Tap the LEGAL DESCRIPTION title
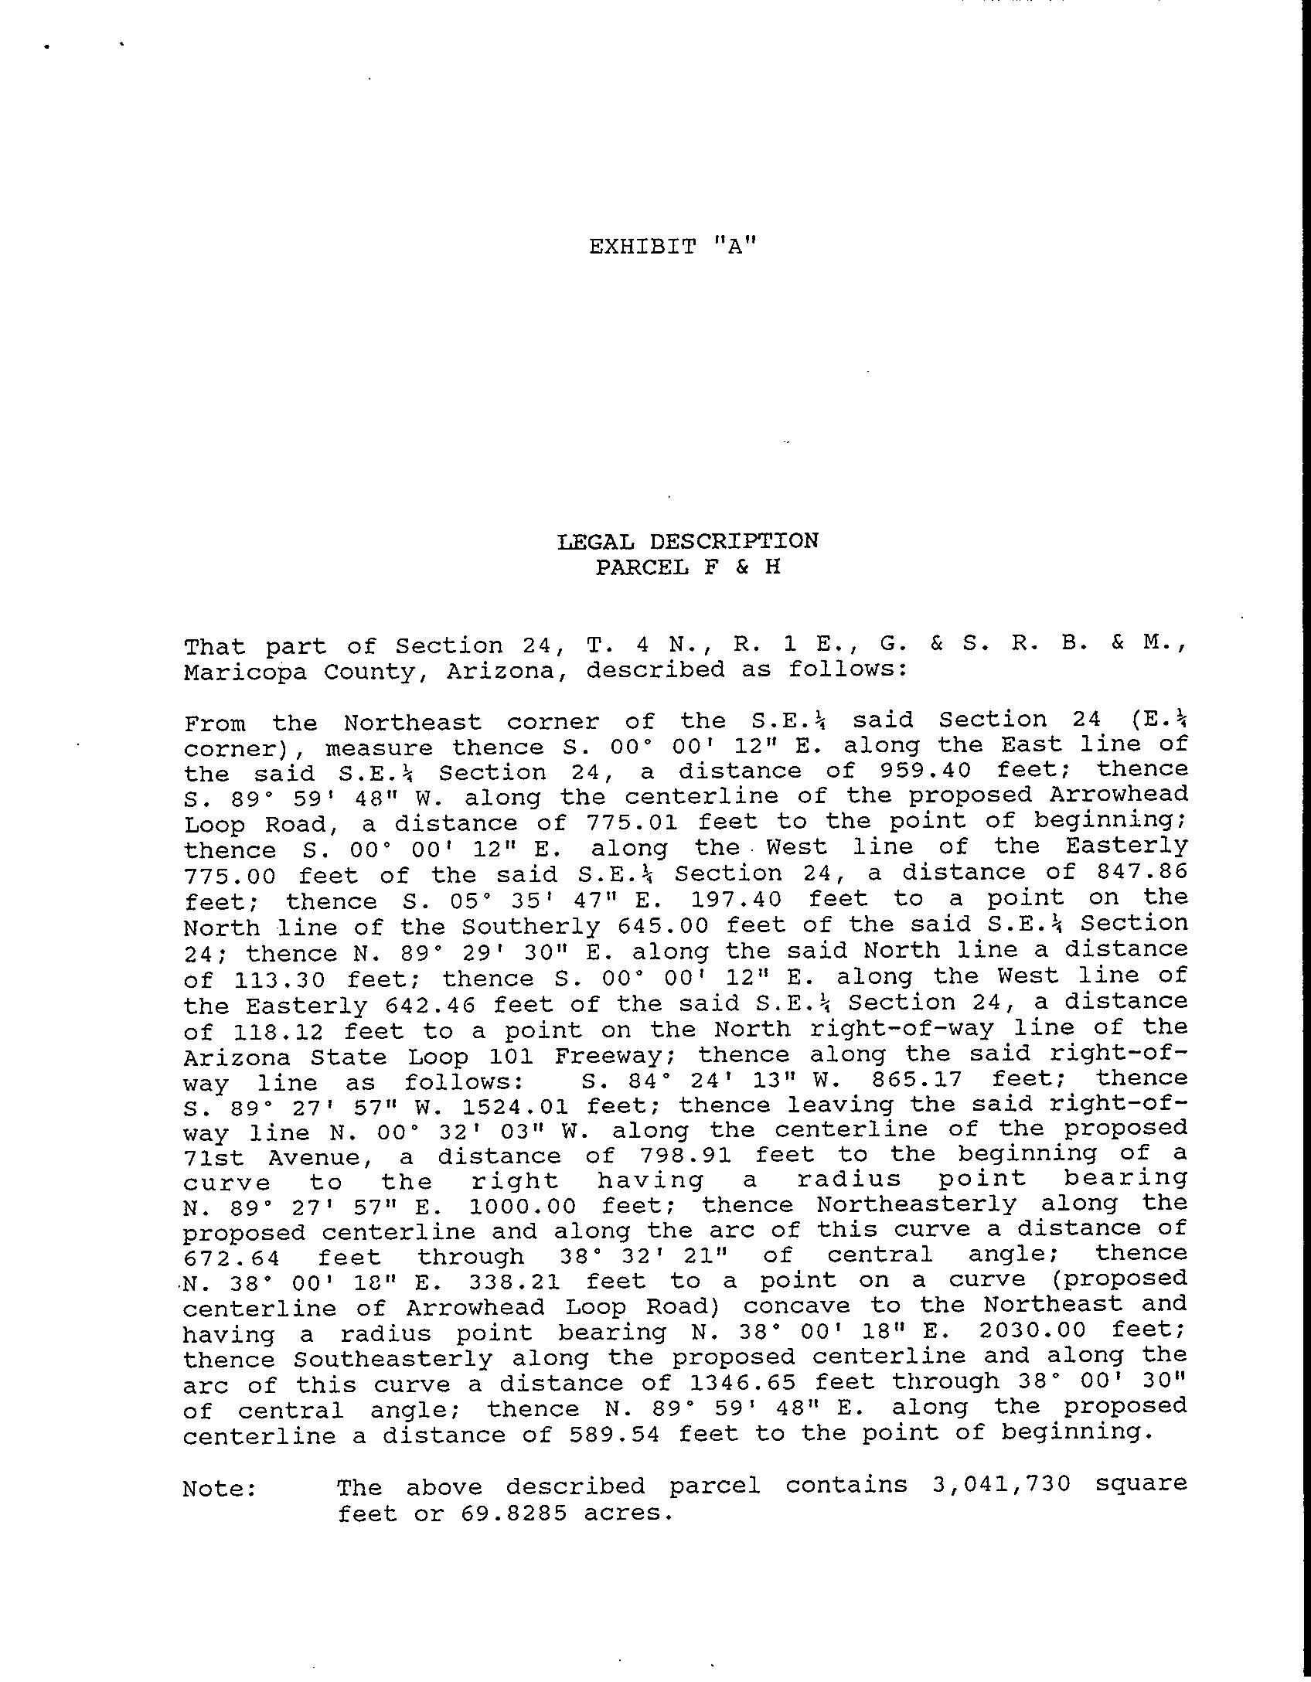pos(687,540)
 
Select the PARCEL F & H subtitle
pos(687,567)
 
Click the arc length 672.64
pos(232,1258)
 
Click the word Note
pos(220,1488)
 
